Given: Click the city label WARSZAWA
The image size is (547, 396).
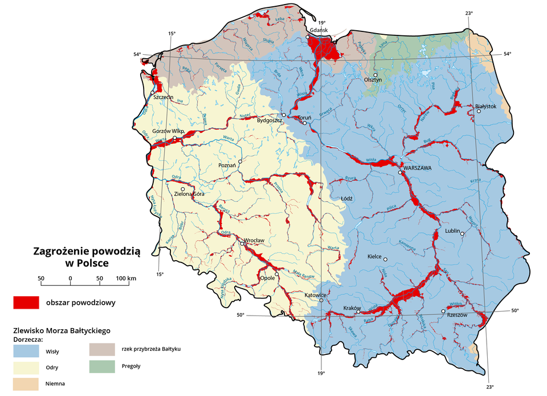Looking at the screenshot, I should [418, 168].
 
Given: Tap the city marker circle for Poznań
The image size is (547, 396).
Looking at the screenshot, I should [240, 162].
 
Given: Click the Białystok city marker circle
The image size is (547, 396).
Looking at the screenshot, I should [479, 111].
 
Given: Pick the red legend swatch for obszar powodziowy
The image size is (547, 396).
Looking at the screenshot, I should [26, 302].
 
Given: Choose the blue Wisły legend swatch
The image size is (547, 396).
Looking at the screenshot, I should [26, 351].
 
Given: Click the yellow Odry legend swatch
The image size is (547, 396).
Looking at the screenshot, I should [26, 367].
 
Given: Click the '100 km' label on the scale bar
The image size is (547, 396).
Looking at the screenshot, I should [126, 278].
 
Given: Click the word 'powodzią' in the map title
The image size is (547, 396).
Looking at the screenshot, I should [113, 251].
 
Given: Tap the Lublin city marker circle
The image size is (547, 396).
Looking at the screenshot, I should [463, 233].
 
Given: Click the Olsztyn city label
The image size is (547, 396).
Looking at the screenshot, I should [373, 80].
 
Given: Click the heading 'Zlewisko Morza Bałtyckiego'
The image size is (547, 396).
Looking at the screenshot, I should [61, 330].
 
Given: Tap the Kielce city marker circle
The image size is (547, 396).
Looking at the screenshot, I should [386, 260].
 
